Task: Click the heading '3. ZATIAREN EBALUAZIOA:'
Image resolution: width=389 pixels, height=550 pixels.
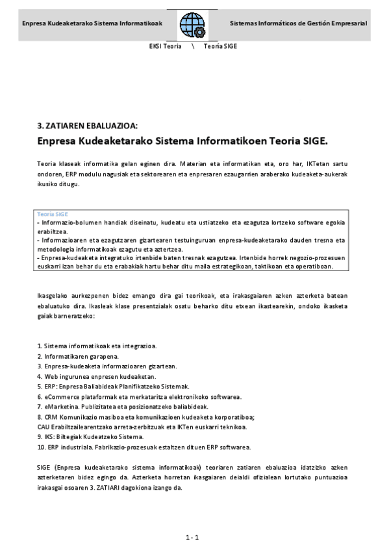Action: [88, 126]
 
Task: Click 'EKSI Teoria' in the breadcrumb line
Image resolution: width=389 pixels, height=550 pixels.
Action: [165, 47]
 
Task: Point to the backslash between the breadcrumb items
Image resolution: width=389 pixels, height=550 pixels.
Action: [193, 47]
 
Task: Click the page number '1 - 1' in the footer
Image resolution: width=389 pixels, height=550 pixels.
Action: [192, 537]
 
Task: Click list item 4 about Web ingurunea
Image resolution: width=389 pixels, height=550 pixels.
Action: [97, 376]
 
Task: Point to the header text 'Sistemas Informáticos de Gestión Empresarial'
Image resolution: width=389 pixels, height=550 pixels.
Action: [298, 23]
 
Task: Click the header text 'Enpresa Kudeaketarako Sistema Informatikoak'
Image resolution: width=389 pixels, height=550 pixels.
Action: [92, 23]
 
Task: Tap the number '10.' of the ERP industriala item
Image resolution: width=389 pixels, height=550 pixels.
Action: [42, 447]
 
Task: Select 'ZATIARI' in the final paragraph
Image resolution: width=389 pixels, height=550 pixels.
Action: [190, 487]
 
